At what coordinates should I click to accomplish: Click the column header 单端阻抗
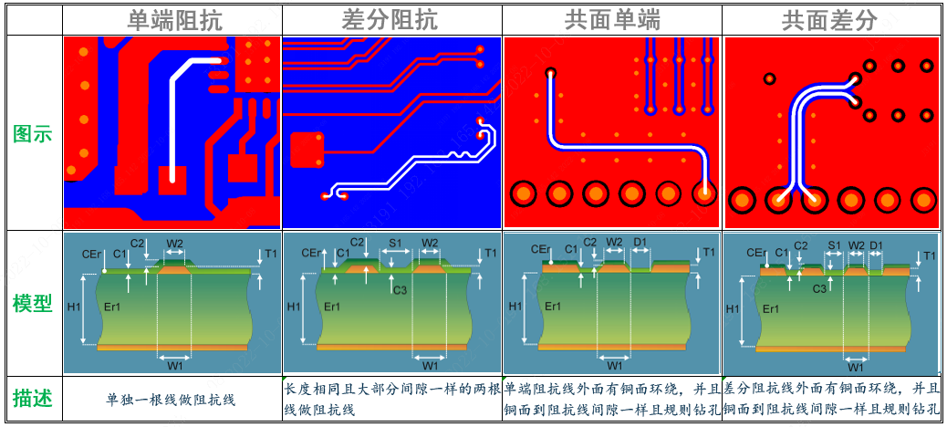coord(172,19)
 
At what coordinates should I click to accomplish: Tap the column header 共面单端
coord(611,19)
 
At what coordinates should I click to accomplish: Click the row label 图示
coord(33,134)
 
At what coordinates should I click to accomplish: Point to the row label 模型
coord(33,303)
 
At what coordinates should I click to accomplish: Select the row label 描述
coord(33,399)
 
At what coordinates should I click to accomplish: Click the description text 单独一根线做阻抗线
coord(171,399)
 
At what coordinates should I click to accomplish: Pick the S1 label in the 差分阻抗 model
coord(395,244)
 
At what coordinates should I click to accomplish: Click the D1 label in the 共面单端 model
coord(640,243)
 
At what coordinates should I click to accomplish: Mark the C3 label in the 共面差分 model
coord(819,288)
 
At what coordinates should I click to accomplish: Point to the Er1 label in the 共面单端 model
coord(553,307)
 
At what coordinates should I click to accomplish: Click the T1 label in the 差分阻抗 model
coord(490,253)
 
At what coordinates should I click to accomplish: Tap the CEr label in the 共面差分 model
coord(755,253)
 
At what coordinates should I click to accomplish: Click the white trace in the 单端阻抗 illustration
coord(173,119)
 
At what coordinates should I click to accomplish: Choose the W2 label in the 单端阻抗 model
coord(175,244)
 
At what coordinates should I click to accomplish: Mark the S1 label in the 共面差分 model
coord(835,245)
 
